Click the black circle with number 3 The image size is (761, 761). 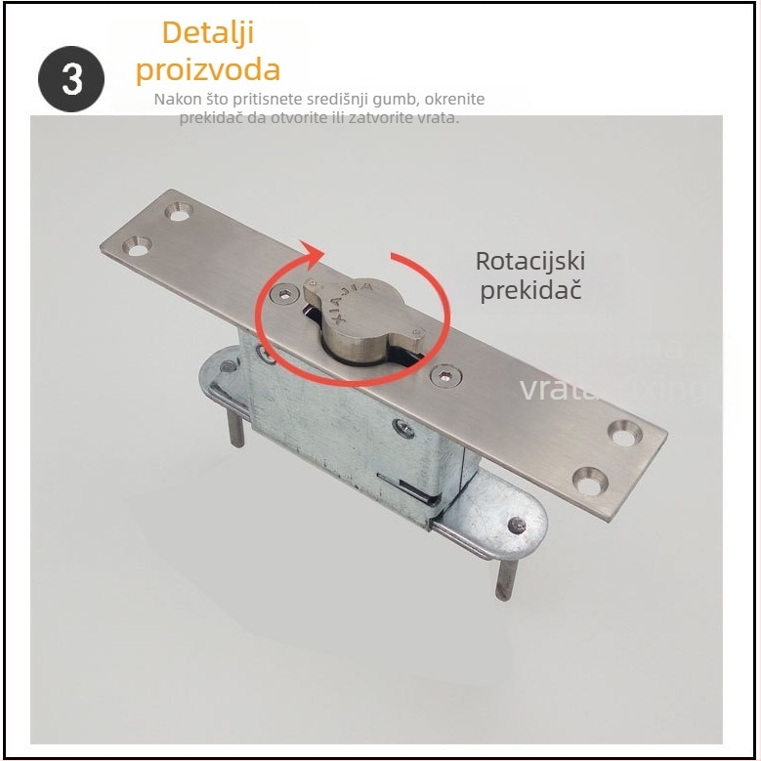tap(71, 78)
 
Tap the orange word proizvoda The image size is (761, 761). tap(207, 69)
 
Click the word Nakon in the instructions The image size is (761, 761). tap(177, 100)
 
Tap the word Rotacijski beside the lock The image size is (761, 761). tap(530, 262)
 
